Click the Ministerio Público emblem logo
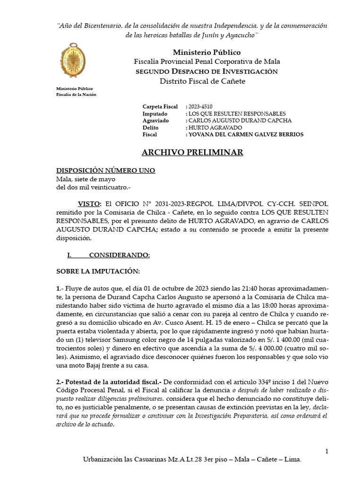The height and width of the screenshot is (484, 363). (73, 62)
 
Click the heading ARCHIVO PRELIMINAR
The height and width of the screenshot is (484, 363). (192, 152)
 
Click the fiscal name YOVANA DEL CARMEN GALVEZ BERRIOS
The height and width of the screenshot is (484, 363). (246, 135)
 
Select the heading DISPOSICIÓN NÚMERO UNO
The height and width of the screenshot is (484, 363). (105, 171)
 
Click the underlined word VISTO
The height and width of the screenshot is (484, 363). (89, 203)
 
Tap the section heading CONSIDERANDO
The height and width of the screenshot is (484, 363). (119, 255)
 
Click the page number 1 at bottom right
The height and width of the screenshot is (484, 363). (327, 451)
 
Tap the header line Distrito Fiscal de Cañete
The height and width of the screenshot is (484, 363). (203, 81)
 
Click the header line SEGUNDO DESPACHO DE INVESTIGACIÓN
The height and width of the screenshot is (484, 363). (207, 71)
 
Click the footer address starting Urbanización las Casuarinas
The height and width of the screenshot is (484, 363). (191, 459)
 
